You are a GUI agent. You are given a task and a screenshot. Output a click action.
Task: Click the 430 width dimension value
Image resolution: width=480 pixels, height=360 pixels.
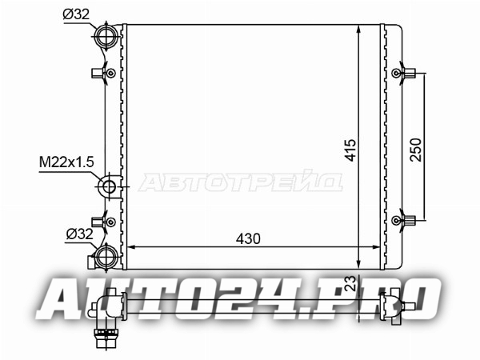click(248, 238)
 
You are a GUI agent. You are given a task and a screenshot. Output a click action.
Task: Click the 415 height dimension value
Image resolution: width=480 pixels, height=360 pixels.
click(351, 150)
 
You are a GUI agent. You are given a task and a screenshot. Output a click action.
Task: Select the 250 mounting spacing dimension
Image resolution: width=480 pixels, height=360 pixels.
click(416, 150)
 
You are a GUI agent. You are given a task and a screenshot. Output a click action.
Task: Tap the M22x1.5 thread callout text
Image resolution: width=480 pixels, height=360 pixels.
click(66, 162)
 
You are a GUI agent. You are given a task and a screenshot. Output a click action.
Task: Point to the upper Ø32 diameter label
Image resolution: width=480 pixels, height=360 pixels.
click(76, 14)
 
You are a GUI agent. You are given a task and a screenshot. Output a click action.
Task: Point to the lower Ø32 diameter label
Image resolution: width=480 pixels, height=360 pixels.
click(79, 234)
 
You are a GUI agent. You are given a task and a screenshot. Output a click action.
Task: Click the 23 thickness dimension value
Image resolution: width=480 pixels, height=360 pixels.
click(351, 283)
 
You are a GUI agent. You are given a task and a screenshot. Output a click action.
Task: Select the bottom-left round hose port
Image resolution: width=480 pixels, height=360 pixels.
click(106, 257)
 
